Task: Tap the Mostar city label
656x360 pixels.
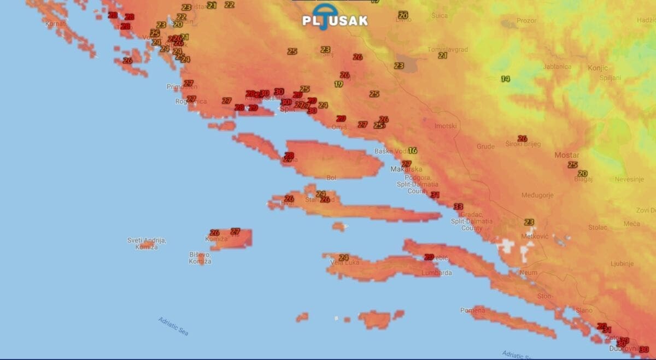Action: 566,155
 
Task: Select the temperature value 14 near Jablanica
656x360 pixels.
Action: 505,79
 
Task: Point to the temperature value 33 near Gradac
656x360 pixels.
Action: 458,206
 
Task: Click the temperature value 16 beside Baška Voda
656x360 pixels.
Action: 412,150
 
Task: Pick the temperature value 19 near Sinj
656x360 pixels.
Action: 338,84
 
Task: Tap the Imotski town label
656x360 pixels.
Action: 445,126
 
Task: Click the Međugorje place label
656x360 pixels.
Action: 537,195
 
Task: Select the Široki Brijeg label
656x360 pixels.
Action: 523,144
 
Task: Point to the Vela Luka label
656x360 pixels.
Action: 344,263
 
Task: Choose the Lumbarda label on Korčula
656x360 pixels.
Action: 437,273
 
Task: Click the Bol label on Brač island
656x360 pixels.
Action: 331,178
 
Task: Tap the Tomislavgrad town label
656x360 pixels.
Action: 448,49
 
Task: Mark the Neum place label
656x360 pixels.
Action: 528,273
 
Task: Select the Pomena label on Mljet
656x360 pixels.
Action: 472,310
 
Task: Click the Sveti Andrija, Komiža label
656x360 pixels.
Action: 147,244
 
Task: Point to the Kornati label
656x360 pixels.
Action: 56,23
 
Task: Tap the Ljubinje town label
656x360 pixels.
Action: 622,264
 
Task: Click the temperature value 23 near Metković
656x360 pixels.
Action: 529,222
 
